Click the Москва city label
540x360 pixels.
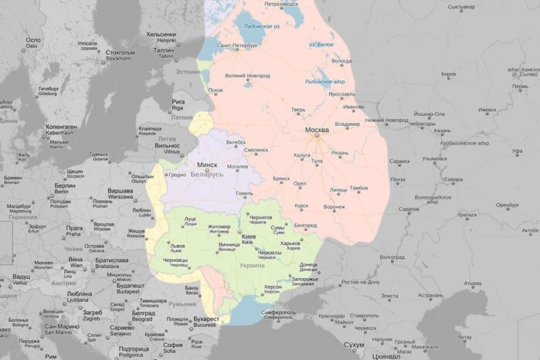click(317, 130)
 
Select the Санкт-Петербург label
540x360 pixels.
click(237, 46)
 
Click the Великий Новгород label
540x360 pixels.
click(247, 76)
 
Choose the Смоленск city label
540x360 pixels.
click(256, 149)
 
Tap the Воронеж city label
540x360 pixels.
click(335, 206)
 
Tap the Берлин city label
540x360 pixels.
click(65, 186)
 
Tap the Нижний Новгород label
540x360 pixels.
click(386, 120)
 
